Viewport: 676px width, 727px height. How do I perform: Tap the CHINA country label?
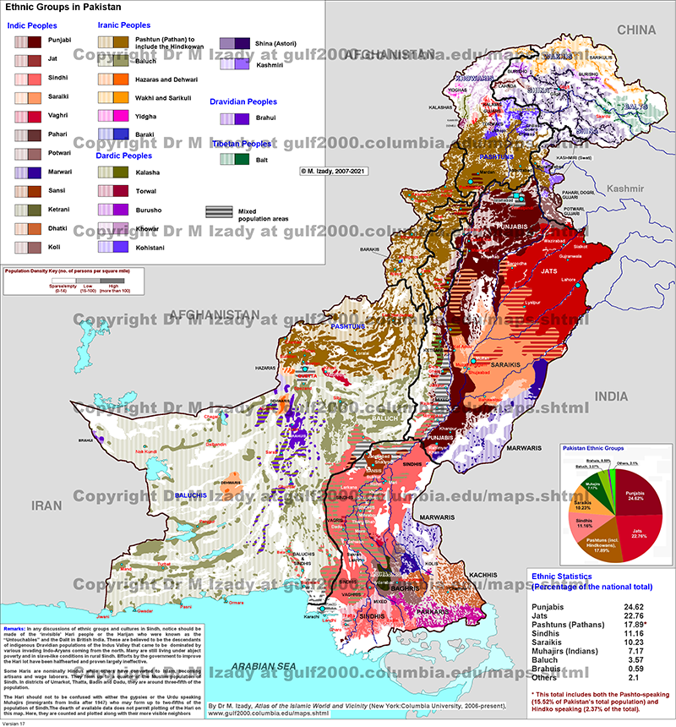(635, 30)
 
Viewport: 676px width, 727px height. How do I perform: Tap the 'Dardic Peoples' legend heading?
(125, 156)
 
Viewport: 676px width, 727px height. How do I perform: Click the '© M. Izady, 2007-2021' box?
(336, 170)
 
